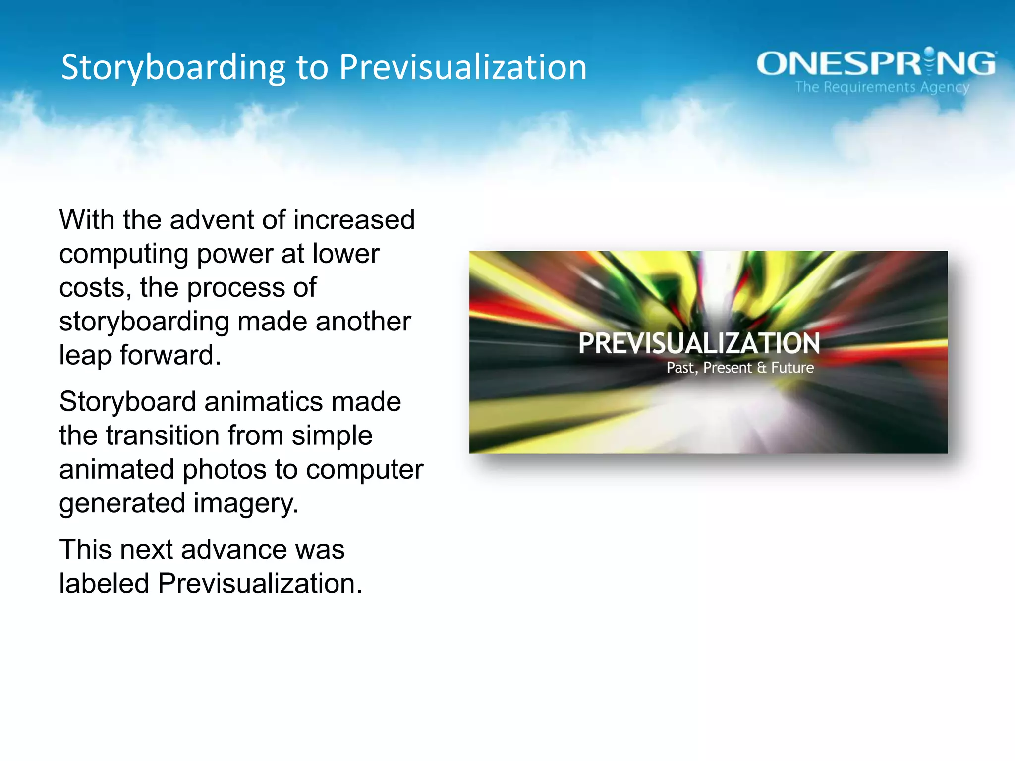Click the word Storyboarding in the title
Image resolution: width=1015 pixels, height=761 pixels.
pos(173,68)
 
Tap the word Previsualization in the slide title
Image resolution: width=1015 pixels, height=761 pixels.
pos(462,68)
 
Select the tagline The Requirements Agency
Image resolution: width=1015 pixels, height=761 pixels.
pos(882,87)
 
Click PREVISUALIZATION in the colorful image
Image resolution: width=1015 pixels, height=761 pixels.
pos(699,343)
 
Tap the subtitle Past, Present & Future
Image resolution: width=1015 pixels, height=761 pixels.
pos(740,368)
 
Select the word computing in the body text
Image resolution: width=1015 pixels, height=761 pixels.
pos(123,254)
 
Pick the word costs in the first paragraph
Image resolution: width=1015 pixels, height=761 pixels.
pos(95,288)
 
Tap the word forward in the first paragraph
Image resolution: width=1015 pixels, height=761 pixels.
pos(170,355)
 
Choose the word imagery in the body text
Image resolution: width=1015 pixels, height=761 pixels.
pos(246,503)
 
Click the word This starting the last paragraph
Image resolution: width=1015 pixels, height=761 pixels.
pos(85,549)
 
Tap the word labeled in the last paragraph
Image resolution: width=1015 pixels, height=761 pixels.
pos(104,583)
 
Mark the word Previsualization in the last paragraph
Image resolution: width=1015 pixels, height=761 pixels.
pos(259,583)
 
